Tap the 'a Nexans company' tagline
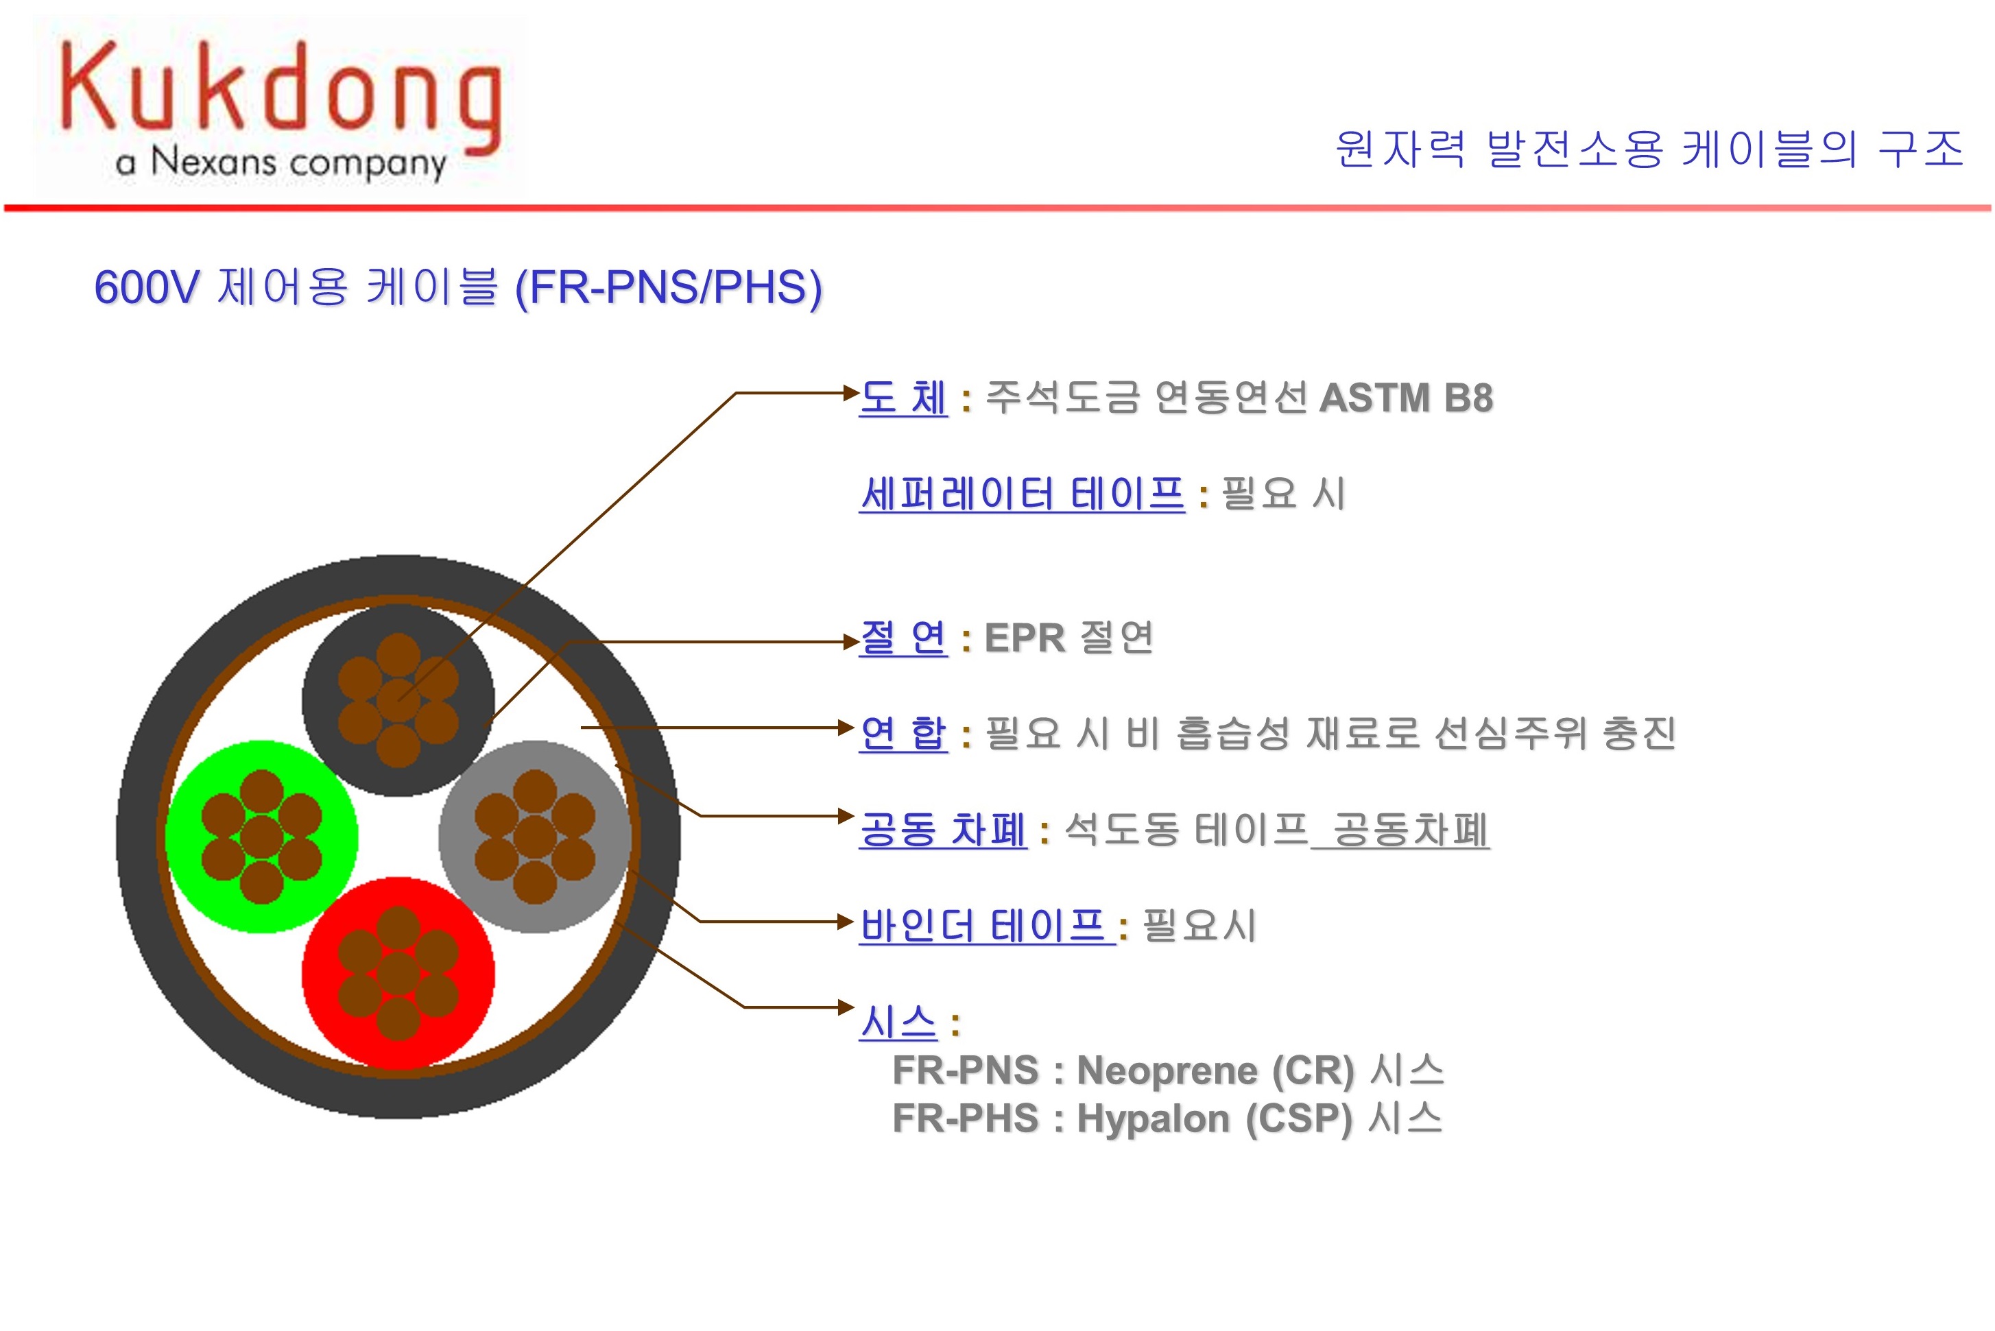[281, 162]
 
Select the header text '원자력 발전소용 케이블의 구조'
[1649, 149]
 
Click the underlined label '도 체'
[903, 397]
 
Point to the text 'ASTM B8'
[1406, 397]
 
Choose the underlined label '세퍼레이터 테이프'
[1021, 493]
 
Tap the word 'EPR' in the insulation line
[1025, 638]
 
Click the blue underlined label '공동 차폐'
[942, 829]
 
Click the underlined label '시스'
[898, 1022]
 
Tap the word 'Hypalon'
[1153, 1120]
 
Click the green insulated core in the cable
[261, 837]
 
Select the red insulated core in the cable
[398, 974]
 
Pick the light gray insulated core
[535, 837]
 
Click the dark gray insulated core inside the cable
[398, 700]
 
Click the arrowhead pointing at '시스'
[846, 1007]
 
